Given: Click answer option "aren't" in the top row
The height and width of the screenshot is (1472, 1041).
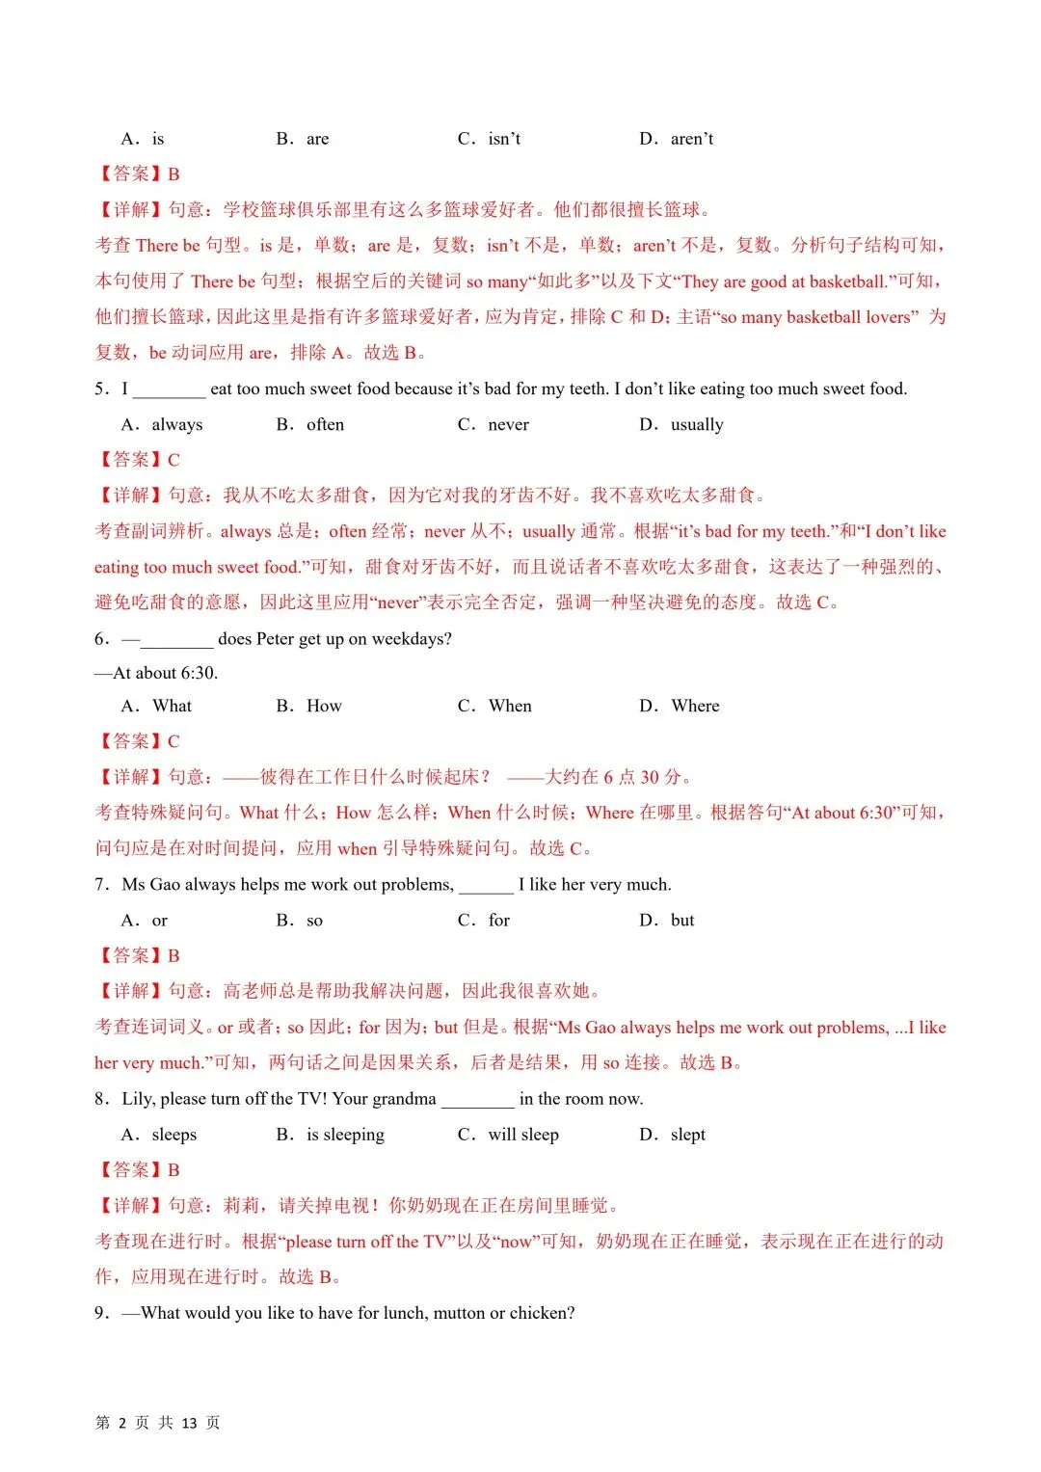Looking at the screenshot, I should [x=691, y=139].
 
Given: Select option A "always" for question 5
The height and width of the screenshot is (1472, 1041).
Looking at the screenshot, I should [x=176, y=425].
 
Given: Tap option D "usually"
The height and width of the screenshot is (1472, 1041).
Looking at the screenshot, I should [x=696, y=425].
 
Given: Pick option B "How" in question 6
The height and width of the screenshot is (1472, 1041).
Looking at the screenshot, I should [x=324, y=707].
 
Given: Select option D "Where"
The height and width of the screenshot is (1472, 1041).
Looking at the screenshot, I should [x=695, y=707].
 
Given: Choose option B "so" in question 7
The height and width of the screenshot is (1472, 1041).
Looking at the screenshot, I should [x=314, y=921].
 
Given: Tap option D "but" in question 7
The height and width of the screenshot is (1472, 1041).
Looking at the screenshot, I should [x=681, y=921].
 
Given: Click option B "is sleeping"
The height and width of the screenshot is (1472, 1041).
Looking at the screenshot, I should [x=345, y=1135].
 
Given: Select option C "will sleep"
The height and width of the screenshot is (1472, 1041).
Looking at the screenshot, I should [x=522, y=1135].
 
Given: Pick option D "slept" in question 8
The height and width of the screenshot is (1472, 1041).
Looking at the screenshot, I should [x=687, y=1135].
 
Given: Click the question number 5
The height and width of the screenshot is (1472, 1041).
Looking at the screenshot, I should [x=100, y=389].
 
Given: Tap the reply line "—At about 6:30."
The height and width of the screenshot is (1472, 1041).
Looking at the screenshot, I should [x=156, y=673].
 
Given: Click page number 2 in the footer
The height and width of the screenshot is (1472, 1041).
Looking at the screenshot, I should [x=121, y=1423].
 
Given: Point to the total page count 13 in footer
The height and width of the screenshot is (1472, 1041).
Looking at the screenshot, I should [x=189, y=1423].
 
